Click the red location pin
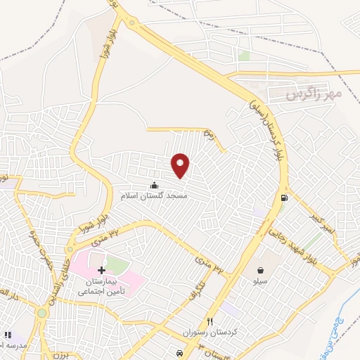click(x=181, y=165)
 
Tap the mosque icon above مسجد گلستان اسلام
click(x=154, y=186)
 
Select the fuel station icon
click(x=283, y=198)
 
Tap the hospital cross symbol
click(x=102, y=270)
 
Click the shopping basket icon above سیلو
click(x=261, y=269)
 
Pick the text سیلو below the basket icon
click(x=261, y=280)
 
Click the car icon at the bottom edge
click(x=181, y=352)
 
